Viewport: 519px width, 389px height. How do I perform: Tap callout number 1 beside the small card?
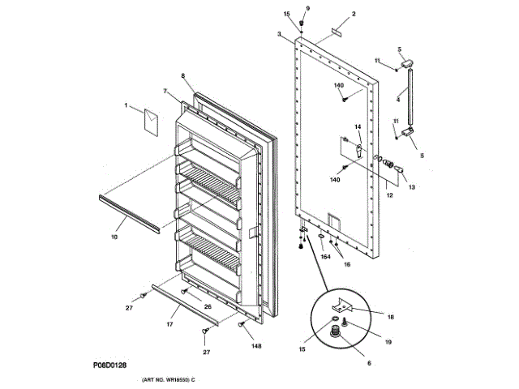[x=127, y=105]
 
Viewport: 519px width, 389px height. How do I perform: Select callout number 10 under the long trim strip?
[x=114, y=237]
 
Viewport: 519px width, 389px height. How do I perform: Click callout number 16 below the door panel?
[x=346, y=264]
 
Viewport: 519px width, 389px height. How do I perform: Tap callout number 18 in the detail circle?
[x=390, y=317]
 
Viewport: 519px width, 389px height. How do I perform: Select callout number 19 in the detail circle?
[x=388, y=342]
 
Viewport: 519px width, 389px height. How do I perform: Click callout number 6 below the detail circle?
[x=370, y=364]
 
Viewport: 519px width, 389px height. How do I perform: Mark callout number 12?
[x=389, y=196]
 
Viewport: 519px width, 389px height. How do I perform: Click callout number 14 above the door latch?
[x=357, y=127]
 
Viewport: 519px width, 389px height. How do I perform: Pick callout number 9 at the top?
[x=307, y=8]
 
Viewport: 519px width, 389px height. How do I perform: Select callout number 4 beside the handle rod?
[x=398, y=100]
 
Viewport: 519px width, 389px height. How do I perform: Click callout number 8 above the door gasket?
[x=183, y=76]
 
